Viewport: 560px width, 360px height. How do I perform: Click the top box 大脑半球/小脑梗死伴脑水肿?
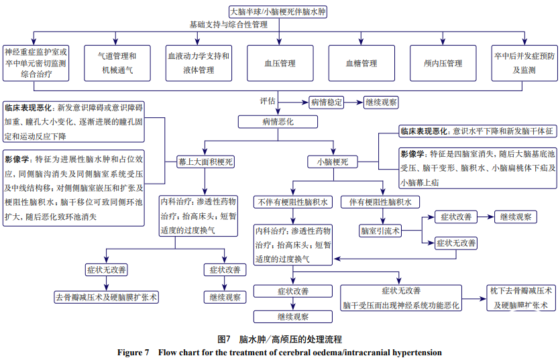point(280,11)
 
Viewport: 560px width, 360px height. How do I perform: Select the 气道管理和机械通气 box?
point(117,63)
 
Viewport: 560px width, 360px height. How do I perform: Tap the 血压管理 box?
point(280,64)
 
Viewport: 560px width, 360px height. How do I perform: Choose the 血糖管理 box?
point(361,64)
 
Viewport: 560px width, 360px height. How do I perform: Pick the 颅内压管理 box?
point(443,64)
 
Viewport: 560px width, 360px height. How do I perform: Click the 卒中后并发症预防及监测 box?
point(524,63)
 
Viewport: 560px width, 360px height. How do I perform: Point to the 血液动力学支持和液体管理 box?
point(199,63)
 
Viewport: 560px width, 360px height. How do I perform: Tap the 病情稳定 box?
point(327,103)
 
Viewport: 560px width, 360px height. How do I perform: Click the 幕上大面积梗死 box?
point(206,162)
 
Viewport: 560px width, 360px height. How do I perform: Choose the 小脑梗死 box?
point(332,162)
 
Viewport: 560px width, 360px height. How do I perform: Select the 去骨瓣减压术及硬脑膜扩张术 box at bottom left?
point(107,297)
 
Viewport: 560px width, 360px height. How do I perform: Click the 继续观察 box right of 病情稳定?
point(380,103)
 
